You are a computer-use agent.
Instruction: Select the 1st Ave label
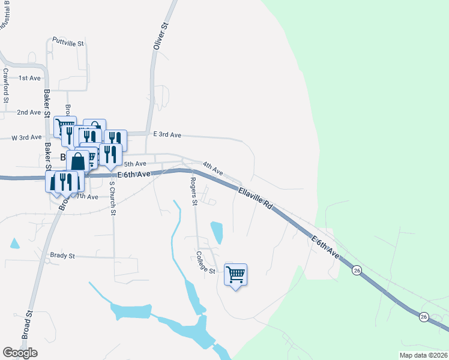(x=29, y=78)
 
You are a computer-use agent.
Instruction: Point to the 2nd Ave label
(x=29, y=112)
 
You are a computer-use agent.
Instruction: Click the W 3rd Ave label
(x=26, y=137)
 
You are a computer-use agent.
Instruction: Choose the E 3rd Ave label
(x=167, y=135)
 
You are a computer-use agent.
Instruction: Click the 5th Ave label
(x=135, y=164)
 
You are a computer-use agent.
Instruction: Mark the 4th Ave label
(x=212, y=168)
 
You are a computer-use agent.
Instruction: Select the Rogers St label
(x=194, y=191)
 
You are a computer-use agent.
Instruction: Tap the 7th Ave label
(x=88, y=197)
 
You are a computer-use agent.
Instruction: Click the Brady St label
(x=62, y=256)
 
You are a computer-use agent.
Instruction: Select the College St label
(x=205, y=263)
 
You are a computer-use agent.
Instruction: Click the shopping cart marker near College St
(x=236, y=275)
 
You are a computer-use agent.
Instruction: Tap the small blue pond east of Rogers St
(x=217, y=232)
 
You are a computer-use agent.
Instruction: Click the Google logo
(x=20, y=353)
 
